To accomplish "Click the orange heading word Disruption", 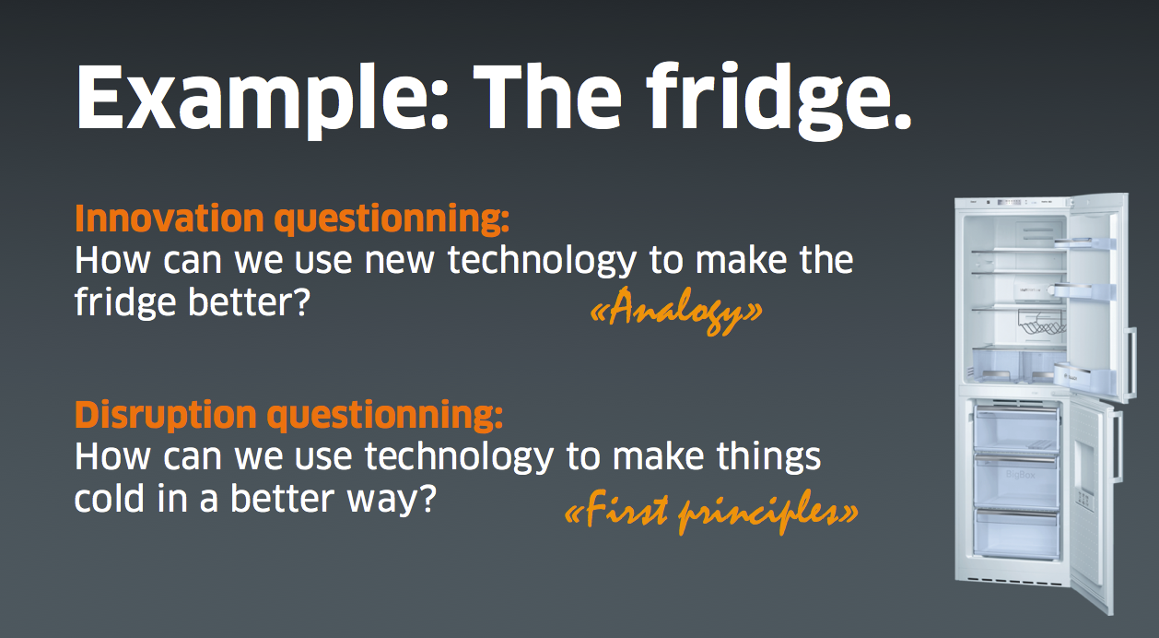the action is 166,414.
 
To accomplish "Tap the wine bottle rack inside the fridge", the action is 1041,321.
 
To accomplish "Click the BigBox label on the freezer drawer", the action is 1020,475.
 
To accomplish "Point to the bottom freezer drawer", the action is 1015,534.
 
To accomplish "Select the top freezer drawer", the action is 1015,428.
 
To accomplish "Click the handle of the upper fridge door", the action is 1131,362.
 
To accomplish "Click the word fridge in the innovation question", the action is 125,302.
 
